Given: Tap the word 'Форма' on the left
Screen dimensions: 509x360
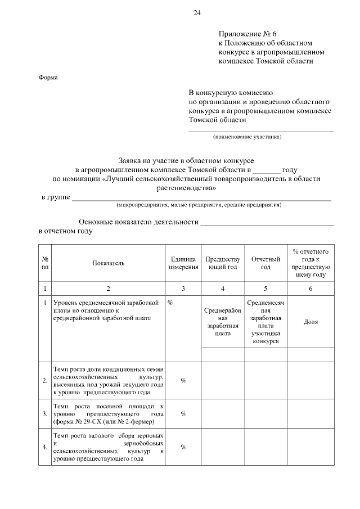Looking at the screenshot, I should coord(48,78).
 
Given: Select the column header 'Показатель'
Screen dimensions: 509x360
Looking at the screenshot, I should coord(109,263).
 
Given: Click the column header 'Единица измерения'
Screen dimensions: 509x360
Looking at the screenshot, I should coord(183,263).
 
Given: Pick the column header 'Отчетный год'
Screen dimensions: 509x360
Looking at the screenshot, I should coord(265,263).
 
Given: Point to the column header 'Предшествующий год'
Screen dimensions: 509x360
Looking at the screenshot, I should coord(223,263).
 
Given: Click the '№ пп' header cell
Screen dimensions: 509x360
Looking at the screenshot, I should coord(44,263).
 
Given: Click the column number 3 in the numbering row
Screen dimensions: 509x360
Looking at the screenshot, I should coord(183,288).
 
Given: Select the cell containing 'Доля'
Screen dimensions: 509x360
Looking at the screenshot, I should coord(310,322).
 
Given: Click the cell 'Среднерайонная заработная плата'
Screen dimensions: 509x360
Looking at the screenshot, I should coord(223,322).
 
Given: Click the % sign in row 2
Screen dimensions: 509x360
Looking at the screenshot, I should coord(183,381).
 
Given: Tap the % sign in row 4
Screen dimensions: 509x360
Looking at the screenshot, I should coord(183,447).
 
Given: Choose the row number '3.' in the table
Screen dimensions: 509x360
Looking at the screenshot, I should coord(44,414).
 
